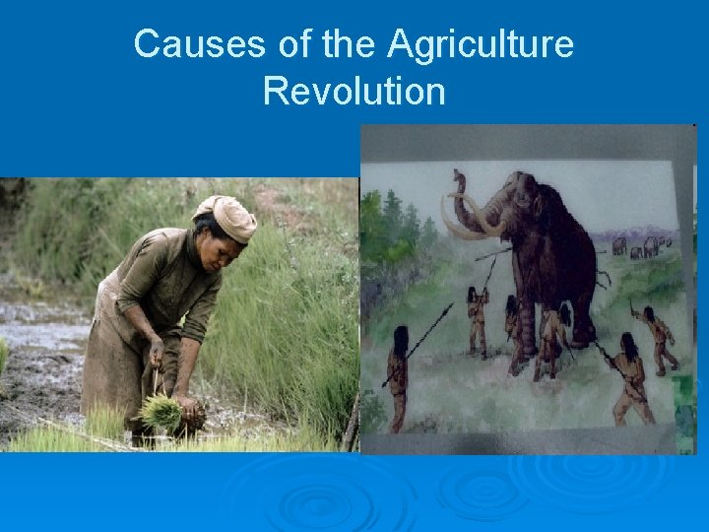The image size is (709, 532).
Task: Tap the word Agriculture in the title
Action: click(x=481, y=44)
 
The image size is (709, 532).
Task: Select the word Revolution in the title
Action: click(x=354, y=92)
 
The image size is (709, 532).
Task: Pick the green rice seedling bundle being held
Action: click(x=161, y=412)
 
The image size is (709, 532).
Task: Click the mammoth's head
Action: click(x=517, y=197)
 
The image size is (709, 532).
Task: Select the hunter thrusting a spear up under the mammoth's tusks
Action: click(x=478, y=315)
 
